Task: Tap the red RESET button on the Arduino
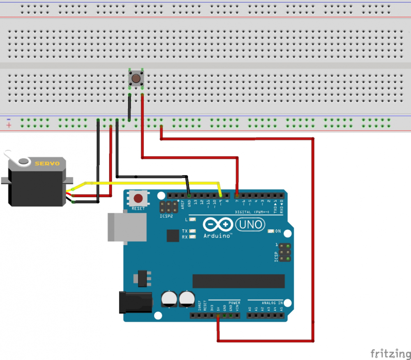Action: [x=139, y=198]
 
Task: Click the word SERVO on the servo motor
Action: [x=47, y=163]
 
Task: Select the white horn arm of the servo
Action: [x=16, y=159]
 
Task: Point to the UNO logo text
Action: [x=249, y=224]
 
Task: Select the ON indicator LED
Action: [x=270, y=231]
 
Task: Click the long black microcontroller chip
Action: [x=238, y=282]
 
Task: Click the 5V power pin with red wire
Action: [x=218, y=316]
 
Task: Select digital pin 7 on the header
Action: [x=237, y=194]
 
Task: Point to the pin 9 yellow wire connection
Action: [x=221, y=194]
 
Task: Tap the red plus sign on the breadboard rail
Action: [x=9, y=125]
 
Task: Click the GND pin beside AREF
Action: [x=189, y=194]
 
